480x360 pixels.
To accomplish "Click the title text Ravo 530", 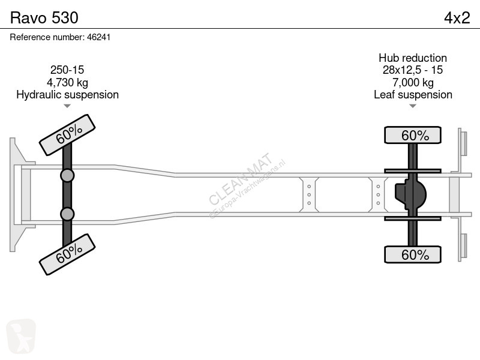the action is (44, 18).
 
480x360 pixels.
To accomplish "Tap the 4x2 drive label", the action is (457, 18).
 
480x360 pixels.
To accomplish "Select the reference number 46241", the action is (98, 37).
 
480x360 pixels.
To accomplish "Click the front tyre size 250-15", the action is (67, 70).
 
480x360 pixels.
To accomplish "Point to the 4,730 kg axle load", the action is (67, 82).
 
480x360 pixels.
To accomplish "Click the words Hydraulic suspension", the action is (67, 95).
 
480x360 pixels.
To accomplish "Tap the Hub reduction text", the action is (413, 58).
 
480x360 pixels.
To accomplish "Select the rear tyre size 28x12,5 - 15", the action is (413, 70).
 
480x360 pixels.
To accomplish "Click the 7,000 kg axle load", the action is (413, 82).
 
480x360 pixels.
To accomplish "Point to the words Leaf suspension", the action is (413, 95).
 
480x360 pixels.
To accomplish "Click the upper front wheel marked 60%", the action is (67, 134).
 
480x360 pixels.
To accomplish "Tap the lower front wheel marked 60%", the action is (67, 254).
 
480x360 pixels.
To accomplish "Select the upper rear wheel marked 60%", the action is (413, 135).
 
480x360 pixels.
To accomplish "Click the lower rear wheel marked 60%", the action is (413, 254).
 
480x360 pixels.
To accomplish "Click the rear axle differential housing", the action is (410, 194).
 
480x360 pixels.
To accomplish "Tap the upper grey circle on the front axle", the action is (67, 176).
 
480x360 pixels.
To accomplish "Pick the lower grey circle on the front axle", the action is (67, 214).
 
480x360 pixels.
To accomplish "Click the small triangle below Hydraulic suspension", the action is (67, 106).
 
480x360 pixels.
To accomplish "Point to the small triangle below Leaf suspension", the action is (413, 106).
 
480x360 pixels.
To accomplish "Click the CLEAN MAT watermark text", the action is (241, 178).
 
